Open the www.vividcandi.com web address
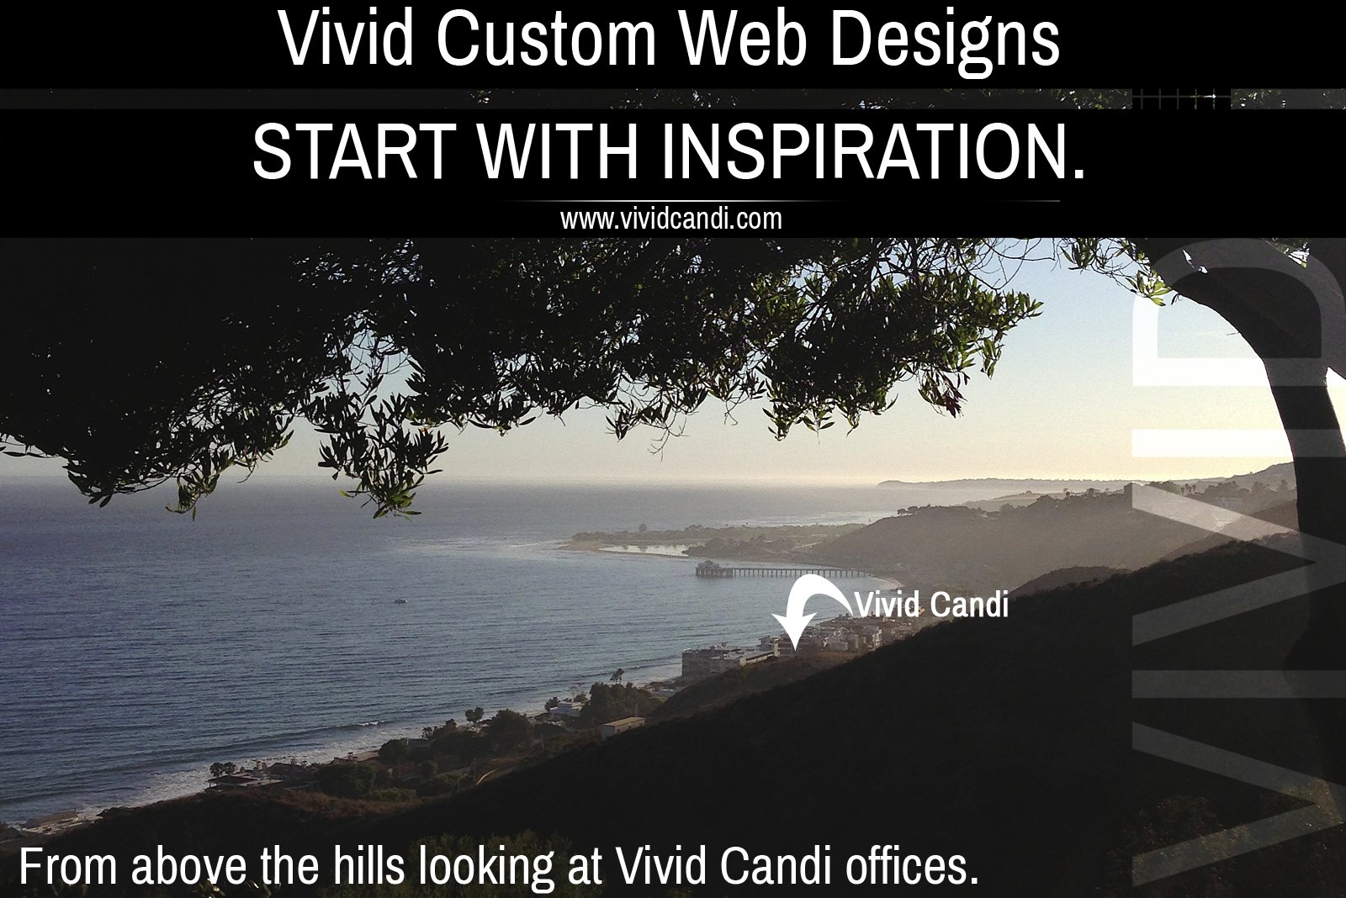tap(671, 220)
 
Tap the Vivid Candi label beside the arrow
tap(930, 605)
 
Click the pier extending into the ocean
tap(791, 573)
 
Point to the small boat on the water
tap(400, 600)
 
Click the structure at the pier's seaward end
tap(706, 568)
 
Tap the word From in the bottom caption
tap(67, 867)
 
